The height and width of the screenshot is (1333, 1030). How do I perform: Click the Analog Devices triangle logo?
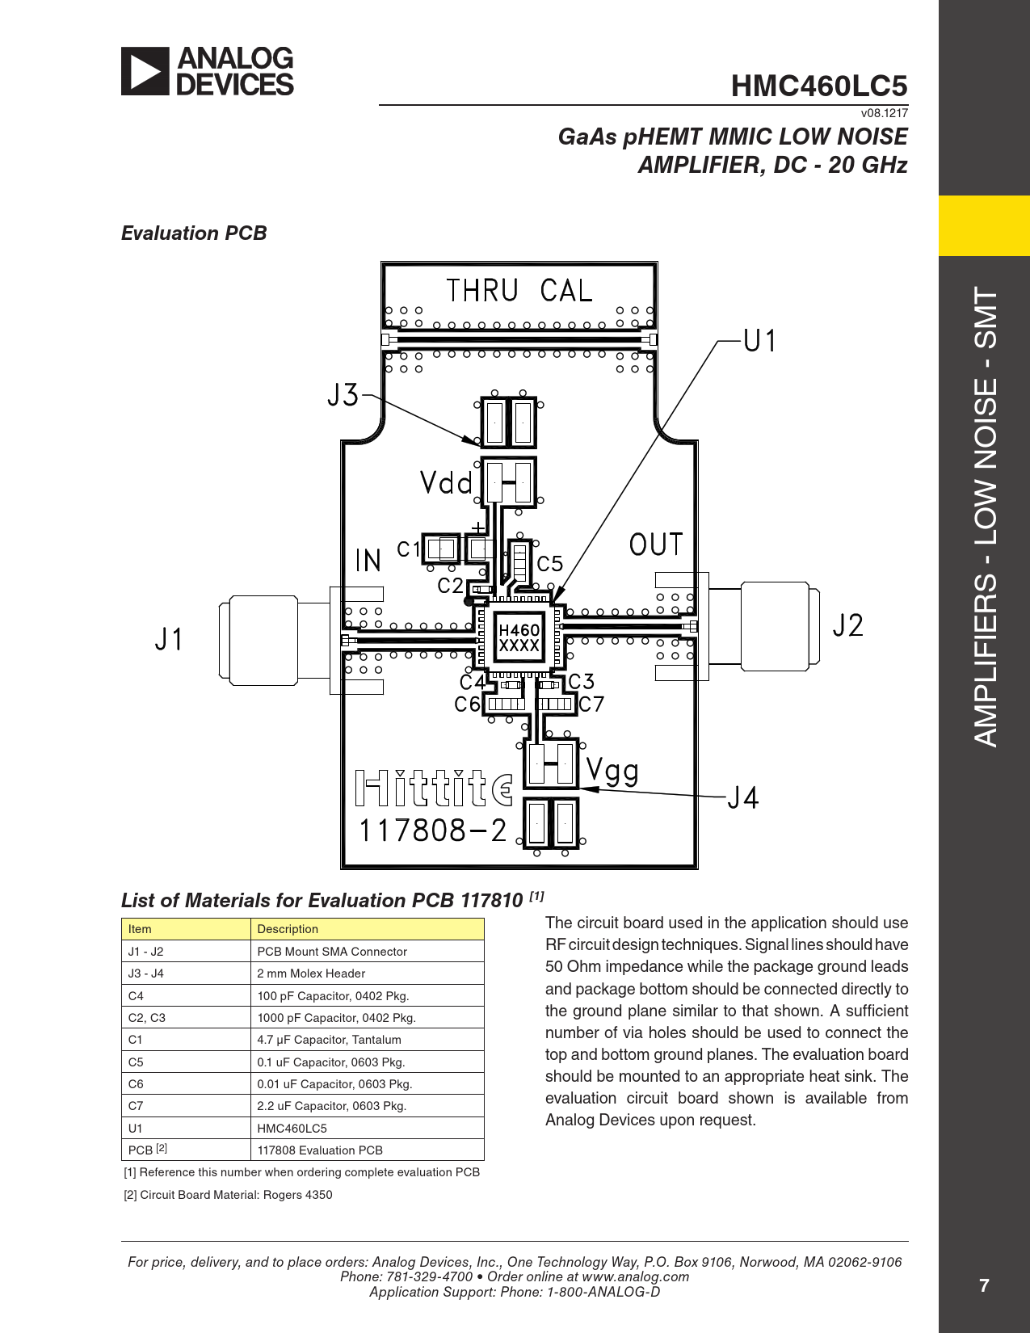coord(145,71)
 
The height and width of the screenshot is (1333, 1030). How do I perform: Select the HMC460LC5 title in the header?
coord(819,86)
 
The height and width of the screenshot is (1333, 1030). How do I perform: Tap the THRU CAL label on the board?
coord(519,291)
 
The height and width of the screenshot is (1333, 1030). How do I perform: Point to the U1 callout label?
coord(759,340)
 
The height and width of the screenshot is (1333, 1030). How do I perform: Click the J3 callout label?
coord(343,395)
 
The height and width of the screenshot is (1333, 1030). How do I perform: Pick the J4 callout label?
coord(743,797)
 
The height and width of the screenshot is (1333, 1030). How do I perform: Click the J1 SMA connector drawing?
coord(274,640)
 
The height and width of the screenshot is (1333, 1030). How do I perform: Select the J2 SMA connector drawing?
coord(763,626)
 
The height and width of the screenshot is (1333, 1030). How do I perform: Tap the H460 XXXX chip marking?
coord(519,638)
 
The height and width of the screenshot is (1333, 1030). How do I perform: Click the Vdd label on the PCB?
coord(446,483)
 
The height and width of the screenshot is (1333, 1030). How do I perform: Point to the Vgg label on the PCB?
coord(612,772)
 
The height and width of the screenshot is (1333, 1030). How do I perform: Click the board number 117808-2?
coord(432,831)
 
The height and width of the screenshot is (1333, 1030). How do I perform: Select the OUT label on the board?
coord(656,545)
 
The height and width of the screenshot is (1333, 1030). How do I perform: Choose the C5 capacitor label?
coord(549,564)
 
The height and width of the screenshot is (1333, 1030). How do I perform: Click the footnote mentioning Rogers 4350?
coord(228,1194)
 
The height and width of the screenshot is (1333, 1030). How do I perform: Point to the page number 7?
coord(984,1286)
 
